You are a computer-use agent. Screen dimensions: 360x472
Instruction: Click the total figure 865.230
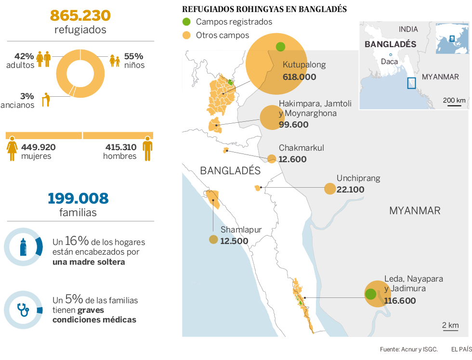coord(80,15)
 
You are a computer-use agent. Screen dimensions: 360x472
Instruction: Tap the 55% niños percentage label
coord(134,56)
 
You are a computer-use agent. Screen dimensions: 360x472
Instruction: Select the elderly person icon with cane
coord(46,99)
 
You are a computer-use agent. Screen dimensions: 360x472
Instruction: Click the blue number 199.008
coord(78,198)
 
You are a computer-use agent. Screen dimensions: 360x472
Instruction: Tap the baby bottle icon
coord(22,246)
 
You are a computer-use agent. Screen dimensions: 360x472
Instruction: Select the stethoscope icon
coord(22,309)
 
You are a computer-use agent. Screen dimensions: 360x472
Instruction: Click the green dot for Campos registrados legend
coord(186,22)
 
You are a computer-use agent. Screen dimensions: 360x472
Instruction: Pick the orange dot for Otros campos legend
coord(186,35)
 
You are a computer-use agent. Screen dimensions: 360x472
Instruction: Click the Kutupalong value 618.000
coord(299,77)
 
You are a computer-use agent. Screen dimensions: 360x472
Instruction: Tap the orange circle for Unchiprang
coord(329,189)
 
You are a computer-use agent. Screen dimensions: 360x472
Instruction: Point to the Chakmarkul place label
coord(302,148)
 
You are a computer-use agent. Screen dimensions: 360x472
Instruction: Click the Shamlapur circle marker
coord(213,240)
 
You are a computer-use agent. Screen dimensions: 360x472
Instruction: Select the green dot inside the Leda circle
coord(370,294)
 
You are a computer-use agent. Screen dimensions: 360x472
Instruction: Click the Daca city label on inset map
coord(389,62)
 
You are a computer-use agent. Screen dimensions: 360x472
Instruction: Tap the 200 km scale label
coord(454,100)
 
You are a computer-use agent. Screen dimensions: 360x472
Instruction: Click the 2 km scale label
coord(450,325)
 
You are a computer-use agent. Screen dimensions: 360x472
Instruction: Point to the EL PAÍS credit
coord(461,349)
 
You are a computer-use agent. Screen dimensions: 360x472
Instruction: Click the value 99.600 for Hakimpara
coord(293,125)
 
